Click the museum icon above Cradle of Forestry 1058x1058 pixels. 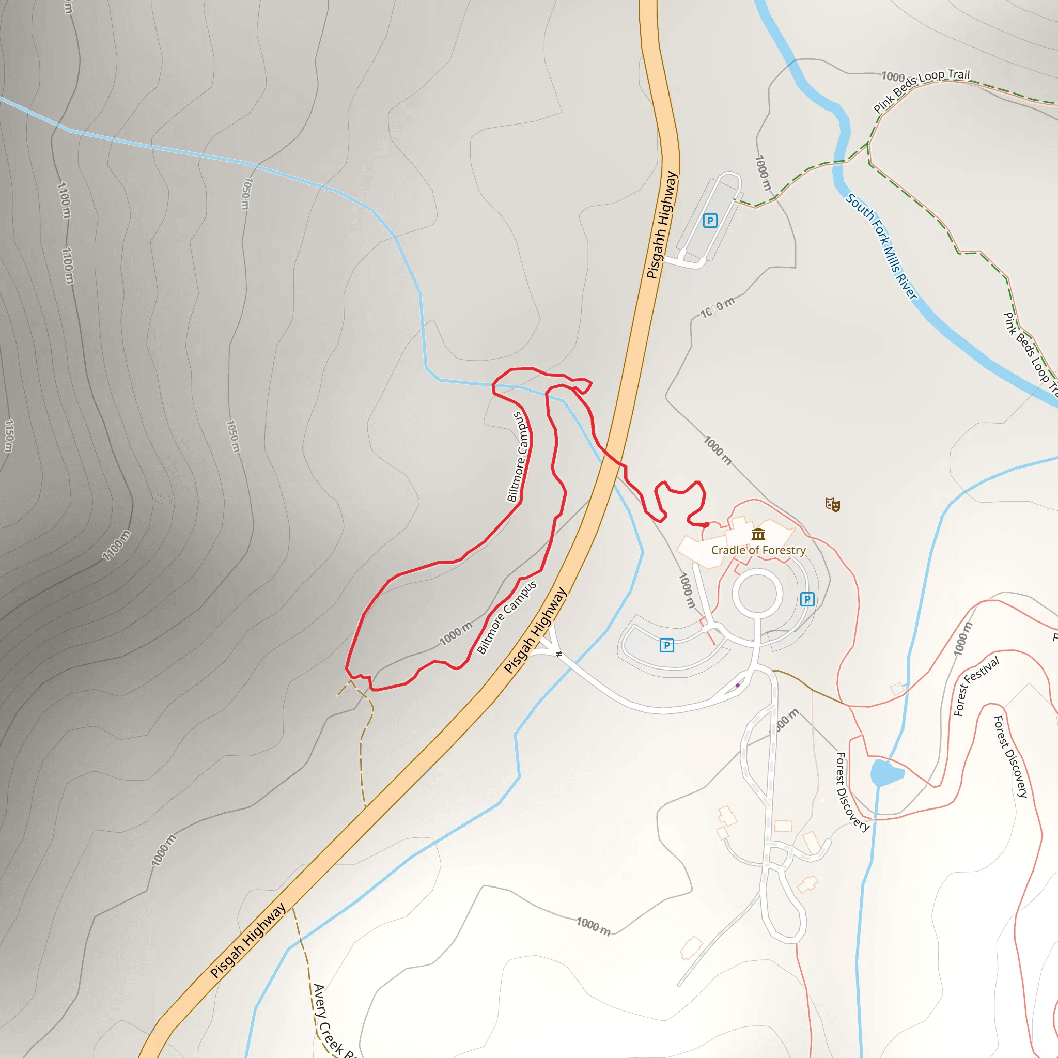click(x=758, y=535)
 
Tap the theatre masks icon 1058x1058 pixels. click(x=832, y=504)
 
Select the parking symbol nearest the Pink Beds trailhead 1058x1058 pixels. click(x=710, y=221)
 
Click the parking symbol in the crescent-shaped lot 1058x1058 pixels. click(x=666, y=645)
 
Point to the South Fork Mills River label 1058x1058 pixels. click(x=881, y=246)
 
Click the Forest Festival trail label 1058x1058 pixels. click(x=976, y=686)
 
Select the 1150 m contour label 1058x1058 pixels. click(x=9, y=436)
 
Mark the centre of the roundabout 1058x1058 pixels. click(x=757, y=593)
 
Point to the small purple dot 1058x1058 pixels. click(x=738, y=686)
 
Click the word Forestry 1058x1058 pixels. click(x=784, y=550)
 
